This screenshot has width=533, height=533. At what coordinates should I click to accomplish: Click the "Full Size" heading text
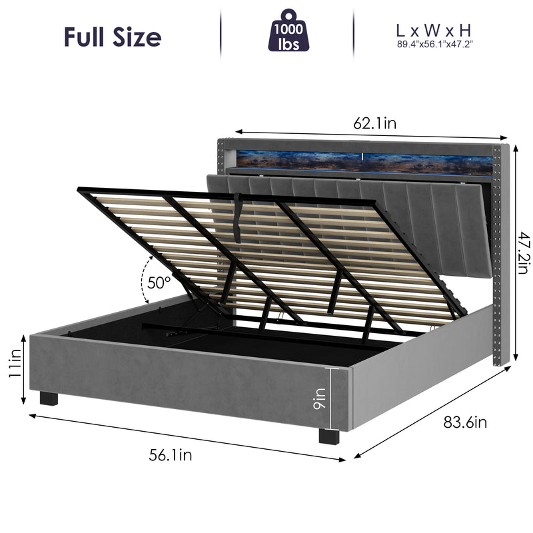(112, 37)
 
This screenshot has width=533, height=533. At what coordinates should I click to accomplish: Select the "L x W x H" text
(434, 30)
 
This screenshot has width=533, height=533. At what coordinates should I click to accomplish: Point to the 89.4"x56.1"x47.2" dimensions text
(434, 45)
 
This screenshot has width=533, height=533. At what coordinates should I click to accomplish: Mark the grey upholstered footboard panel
(180, 383)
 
